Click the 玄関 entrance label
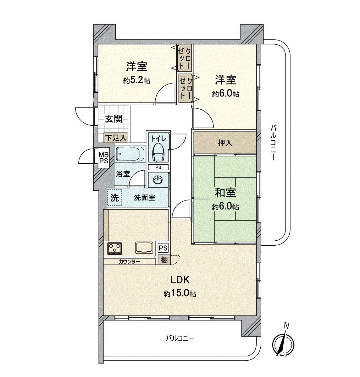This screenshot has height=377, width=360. [x=114, y=119]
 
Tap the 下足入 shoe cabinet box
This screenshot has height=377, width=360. [x=115, y=138]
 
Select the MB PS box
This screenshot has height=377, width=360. [x=104, y=158]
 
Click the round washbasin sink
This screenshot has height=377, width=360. [x=158, y=179]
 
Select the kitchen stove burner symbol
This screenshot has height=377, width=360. [x=115, y=248]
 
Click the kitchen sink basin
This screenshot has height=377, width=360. [x=144, y=248]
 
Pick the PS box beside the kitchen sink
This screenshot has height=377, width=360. [x=163, y=248]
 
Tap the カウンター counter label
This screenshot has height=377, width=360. [x=129, y=261]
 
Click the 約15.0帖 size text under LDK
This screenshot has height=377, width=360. [x=180, y=294]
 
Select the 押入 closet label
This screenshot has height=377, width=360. [x=225, y=143]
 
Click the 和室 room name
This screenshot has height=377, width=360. [x=225, y=193]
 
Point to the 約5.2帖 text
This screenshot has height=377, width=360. [x=136, y=81]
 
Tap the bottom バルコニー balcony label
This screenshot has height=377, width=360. [x=180, y=338]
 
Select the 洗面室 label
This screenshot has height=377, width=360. [x=145, y=198]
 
